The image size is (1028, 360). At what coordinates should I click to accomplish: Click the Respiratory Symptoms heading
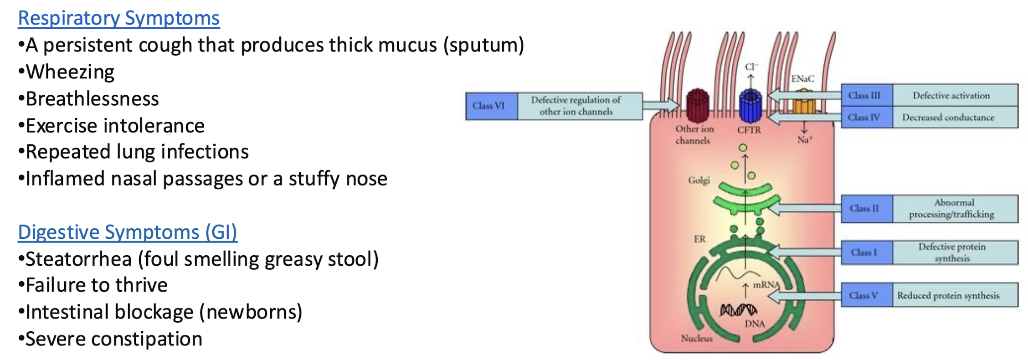[118, 18]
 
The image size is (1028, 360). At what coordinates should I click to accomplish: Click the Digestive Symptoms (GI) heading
[128, 232]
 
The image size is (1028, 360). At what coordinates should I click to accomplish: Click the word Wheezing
[70, 72]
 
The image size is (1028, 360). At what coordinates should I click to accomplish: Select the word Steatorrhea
[78, 259]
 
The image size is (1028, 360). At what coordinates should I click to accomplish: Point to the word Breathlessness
[92, 99]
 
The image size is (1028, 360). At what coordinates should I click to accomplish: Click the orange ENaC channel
[804, 103]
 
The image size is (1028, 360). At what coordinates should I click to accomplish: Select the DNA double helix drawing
[738, 310]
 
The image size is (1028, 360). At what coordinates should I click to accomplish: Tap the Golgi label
[699, 180]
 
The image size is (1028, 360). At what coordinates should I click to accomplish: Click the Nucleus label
[696, 338]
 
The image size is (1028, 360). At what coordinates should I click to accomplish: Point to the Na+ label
[805, 140]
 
